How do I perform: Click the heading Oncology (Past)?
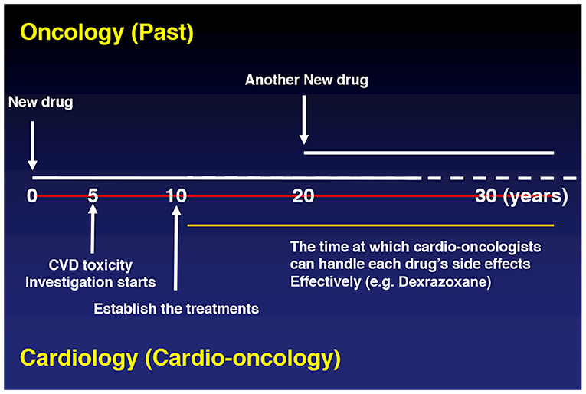pos(107,33)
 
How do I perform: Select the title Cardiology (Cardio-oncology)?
pos(180,358)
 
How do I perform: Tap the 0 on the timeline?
pos(32,196)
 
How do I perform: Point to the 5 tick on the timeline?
pos(93,196)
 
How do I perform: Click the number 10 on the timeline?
pos(176,196)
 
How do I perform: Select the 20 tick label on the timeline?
pos(303,196)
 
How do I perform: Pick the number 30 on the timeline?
pos(486,196)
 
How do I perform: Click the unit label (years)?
pos(535,197)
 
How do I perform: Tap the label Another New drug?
pos(306,80)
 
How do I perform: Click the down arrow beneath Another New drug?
pos(304,120)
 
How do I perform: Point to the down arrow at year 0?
pos(32,146)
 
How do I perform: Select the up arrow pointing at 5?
pos(93,228)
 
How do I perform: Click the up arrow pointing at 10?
pos(176,248)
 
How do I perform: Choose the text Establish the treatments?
pos(176,309)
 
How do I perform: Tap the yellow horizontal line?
pos(370,225)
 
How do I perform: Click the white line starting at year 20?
pos(429,153)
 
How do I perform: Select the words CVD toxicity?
pos(90,265)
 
